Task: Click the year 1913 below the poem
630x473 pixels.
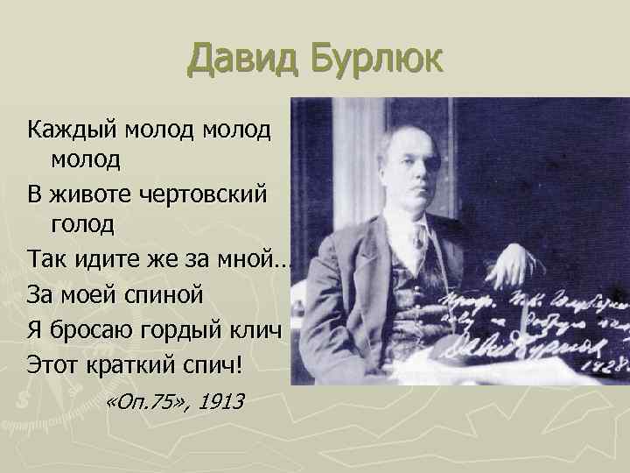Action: (x=220, y=401)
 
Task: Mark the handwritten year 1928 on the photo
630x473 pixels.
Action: (x=607, y=362)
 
